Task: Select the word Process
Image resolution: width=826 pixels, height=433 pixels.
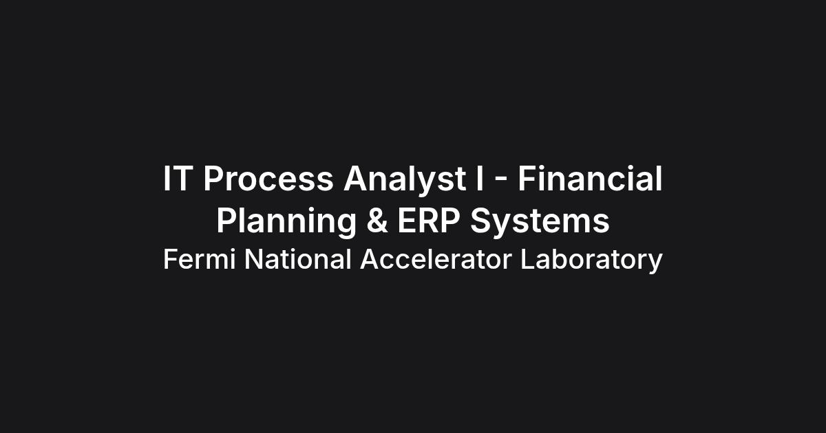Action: tap(268, 179)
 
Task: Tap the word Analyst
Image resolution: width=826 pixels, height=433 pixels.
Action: tap(405, 179)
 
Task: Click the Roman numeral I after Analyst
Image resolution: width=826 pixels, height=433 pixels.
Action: tap(479, 179)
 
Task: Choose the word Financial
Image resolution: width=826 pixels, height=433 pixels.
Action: tap(590, 178)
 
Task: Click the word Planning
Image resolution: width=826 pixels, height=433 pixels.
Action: tap(286, 222)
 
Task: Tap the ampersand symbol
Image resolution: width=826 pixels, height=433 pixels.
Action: tap(377, 221)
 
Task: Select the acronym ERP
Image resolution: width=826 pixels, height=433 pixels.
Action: tap(428, 221)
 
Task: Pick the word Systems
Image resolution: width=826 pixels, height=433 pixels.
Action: tap(540, 221)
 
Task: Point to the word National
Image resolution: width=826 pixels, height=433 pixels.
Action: tap(298, 259)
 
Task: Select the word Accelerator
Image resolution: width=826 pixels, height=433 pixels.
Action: tap(436, 259)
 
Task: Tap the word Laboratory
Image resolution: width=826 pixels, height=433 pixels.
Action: tap(591, 260)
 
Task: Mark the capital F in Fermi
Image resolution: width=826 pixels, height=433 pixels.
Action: tap(171, 259)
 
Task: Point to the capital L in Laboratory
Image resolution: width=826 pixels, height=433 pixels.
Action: tap(528, 259)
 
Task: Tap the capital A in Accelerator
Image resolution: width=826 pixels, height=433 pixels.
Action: tap(370, 259)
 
